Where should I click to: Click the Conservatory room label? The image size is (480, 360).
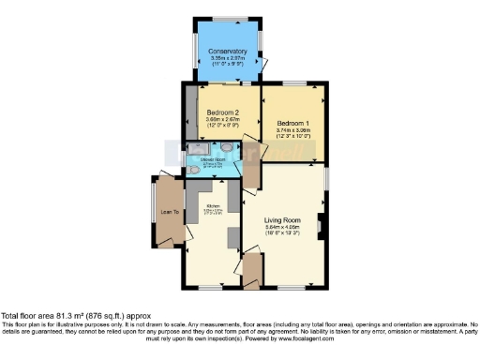pyautogui.click(x=229, y=51)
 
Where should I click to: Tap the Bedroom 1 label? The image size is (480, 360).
pyautogui.click(x=294, y=123)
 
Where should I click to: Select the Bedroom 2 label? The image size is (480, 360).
pyautogui.click(x=224, y=112)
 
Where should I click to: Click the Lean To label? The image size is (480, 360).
pyautogui.click(x=171, y=212)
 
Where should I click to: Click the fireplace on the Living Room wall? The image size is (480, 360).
pyautogui.click(x=322, y=225)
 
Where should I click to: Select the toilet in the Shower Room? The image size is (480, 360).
pyautogui.click(x=195, y=172)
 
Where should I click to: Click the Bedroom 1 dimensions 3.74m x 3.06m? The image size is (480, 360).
pyautogui.click(x=294, y=130)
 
